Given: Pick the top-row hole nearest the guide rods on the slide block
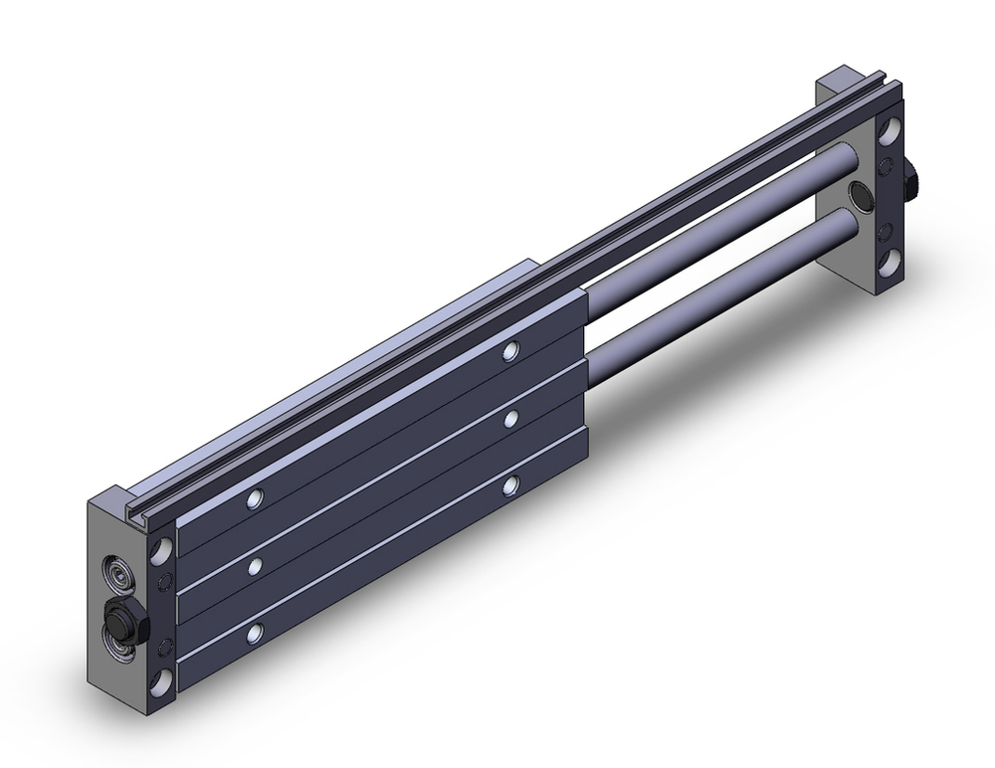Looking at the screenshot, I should (511, 350).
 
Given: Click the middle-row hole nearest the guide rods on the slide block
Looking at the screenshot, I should (510, 419).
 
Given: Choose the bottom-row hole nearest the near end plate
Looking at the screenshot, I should (258, 631).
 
